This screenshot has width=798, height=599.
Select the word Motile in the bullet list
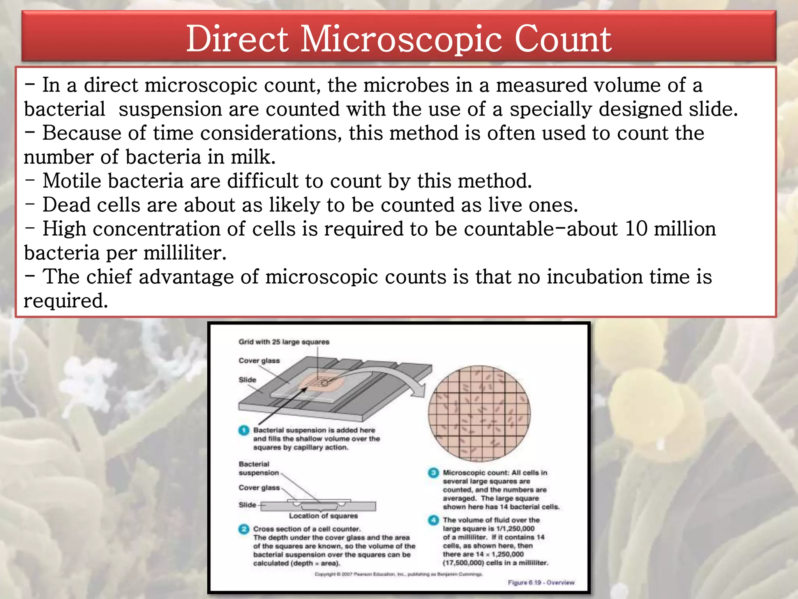pyautogui.click(x=74, y=181)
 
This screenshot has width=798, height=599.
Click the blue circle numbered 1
pyautogui.click(x=244, y=430)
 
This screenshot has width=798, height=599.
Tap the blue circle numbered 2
pyautogui.click(x=244, y=529)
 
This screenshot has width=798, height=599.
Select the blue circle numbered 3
pyautogui.click(x=433, y=473)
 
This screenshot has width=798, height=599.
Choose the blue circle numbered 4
pyautogui.click(x=433, y=520)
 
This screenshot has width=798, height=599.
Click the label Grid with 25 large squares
pyautogui.click(x=284, y=342)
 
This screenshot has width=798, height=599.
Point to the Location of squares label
pyautogui.click(x=323, y=516)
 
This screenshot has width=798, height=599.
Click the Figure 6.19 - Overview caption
pyautogui.click(x=541, y=582)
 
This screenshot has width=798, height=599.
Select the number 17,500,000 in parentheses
pyautogui.click(x=463, y=563)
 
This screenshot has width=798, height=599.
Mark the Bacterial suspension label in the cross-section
pyautogui.click(x=259, y=468)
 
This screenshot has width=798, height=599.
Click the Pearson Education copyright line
pyautogui.click(x=399, y=574)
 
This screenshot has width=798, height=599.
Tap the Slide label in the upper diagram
pyautogui.click(x=247, y=380)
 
